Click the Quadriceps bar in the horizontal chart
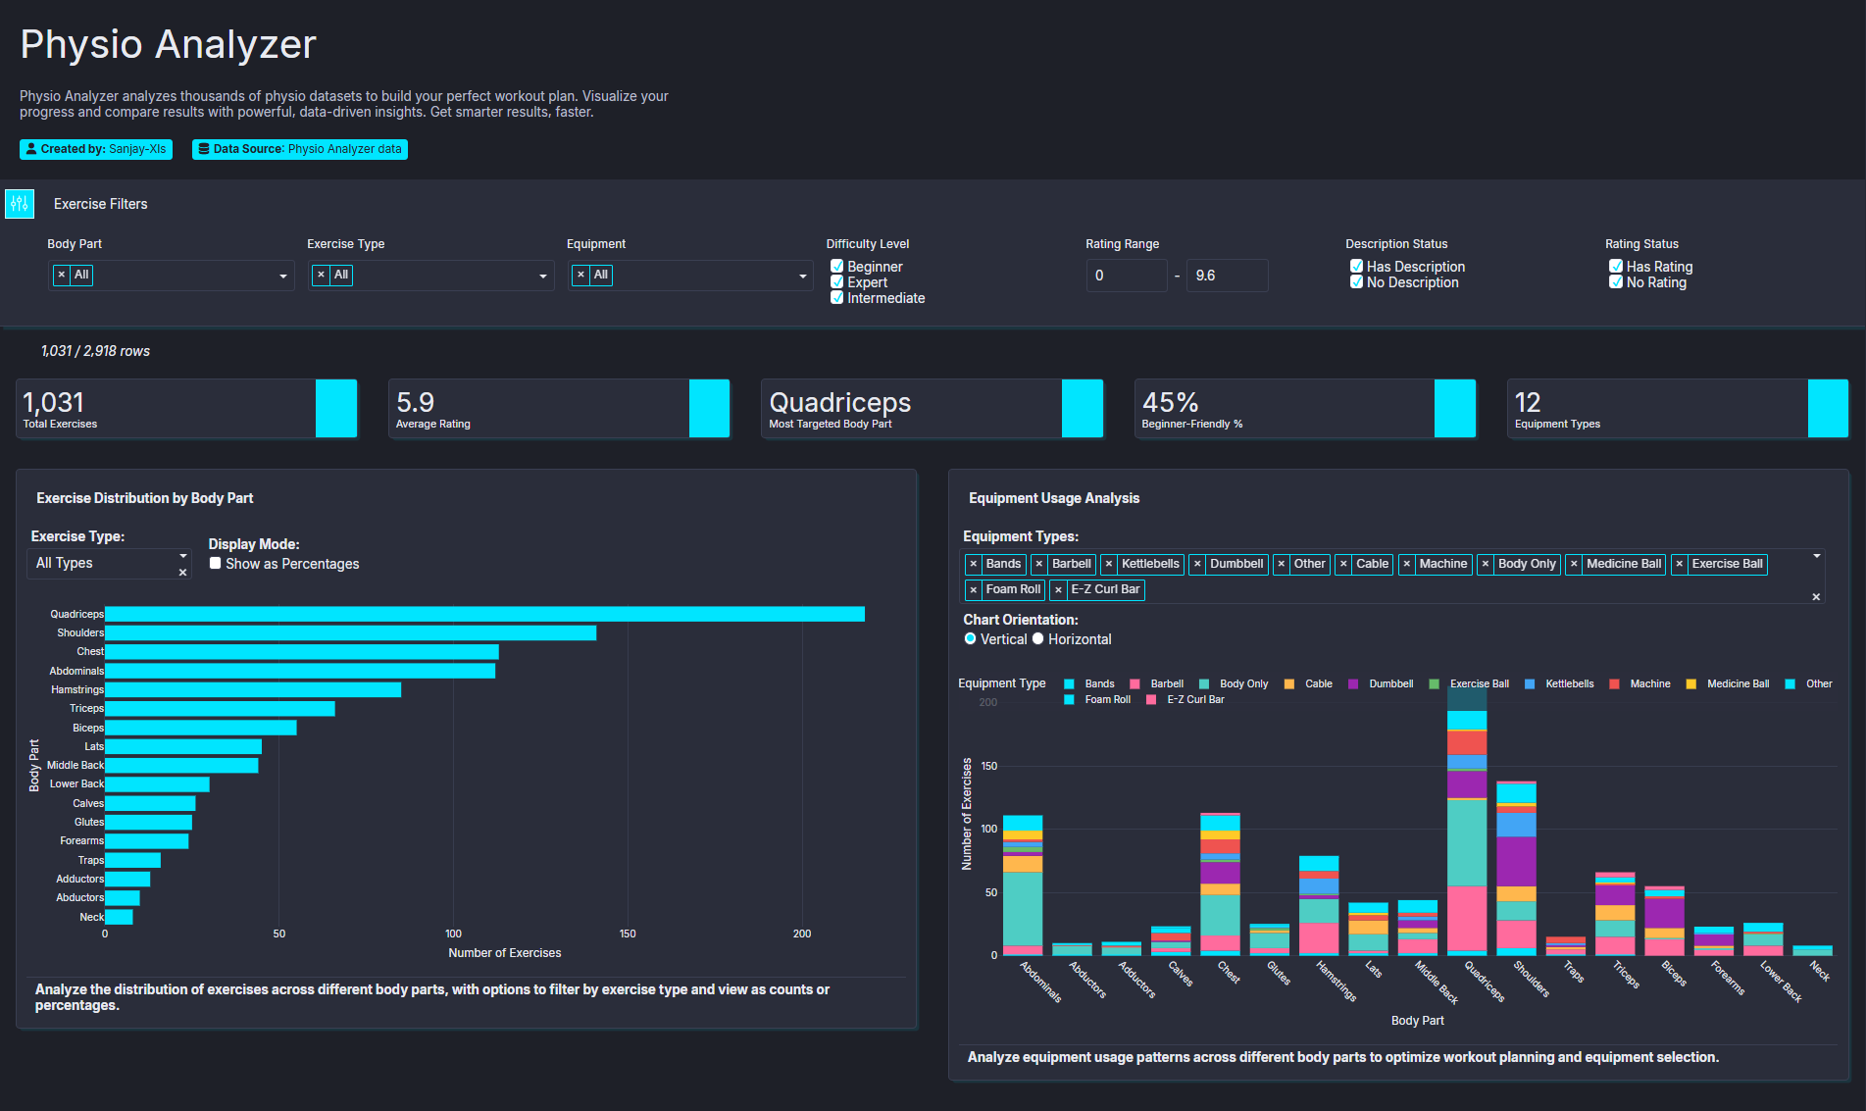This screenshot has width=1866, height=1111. pos(484,614)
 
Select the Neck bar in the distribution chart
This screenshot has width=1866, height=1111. pos(119,917)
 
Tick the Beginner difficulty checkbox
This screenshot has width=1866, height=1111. pos(837,267)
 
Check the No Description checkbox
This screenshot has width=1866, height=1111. pos(1356,282)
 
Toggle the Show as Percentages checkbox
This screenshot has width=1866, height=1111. pos(216,564)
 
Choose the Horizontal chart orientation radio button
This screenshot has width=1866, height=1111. pos(1038,639)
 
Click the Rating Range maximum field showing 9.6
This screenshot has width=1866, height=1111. pos(1226,276)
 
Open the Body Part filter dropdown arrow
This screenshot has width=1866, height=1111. pos(283,277)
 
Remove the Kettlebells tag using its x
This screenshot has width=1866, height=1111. pos(1109,564)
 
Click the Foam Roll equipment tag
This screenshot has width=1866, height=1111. pos(1013,589)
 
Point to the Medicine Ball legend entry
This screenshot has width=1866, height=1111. pos(1737,684)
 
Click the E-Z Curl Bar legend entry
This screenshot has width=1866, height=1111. pos(1194,700)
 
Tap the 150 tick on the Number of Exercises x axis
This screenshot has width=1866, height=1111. pos(628,934)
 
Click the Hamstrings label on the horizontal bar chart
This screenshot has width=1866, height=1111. pos(77,690)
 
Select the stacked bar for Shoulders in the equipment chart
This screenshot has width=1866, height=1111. pos(1516,868)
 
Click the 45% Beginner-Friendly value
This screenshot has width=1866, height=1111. pos(1171,402)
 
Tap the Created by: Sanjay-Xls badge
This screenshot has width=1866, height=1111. pos(96,149)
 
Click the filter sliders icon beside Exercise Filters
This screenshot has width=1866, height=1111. pos(20,204)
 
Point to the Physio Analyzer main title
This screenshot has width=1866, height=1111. pos(169,44)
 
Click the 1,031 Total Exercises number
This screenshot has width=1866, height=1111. pos(54,402)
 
